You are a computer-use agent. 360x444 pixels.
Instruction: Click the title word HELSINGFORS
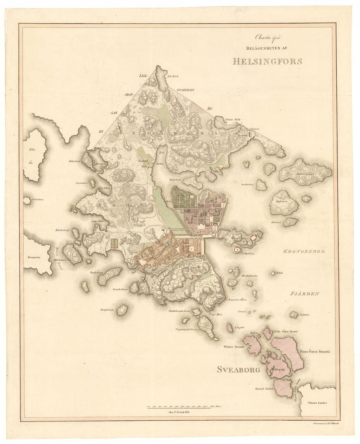(267, 61)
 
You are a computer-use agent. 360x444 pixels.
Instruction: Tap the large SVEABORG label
(238, 369)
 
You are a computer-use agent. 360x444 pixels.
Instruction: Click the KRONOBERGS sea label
(303, 251)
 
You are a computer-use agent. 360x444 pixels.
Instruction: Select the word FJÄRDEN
(304, 294)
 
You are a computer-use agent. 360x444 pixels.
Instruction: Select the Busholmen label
(96, 272)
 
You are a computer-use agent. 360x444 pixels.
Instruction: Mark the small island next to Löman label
(294, 314)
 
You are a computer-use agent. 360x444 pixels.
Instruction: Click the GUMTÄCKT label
(185, 90)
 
